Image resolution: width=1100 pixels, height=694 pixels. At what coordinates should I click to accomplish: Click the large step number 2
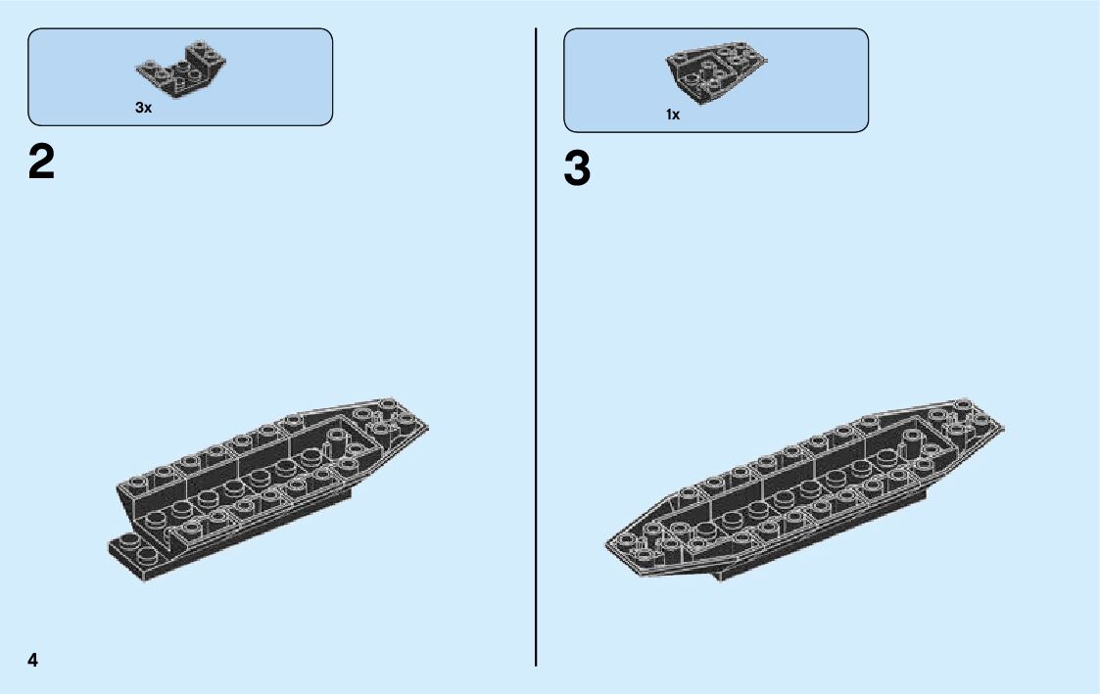click(x=42, y=162)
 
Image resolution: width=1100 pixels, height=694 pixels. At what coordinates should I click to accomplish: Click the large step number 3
click(x=578, y=169)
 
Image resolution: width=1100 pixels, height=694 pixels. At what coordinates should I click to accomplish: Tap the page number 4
click(x=33, y=660)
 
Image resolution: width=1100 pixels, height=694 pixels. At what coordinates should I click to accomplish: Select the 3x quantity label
click(x=143, y=108)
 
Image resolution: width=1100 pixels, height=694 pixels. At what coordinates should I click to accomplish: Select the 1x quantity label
click(x=673, y=115)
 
